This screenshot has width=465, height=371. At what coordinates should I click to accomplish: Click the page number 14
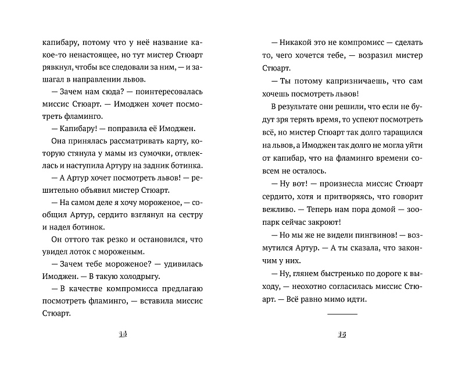[123, 334]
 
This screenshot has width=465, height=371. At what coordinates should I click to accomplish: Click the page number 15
[342, 334]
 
